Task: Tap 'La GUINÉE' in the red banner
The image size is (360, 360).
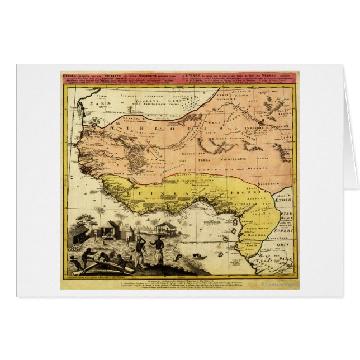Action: coord(189,74)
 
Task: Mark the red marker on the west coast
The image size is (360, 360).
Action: coord(85,168)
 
